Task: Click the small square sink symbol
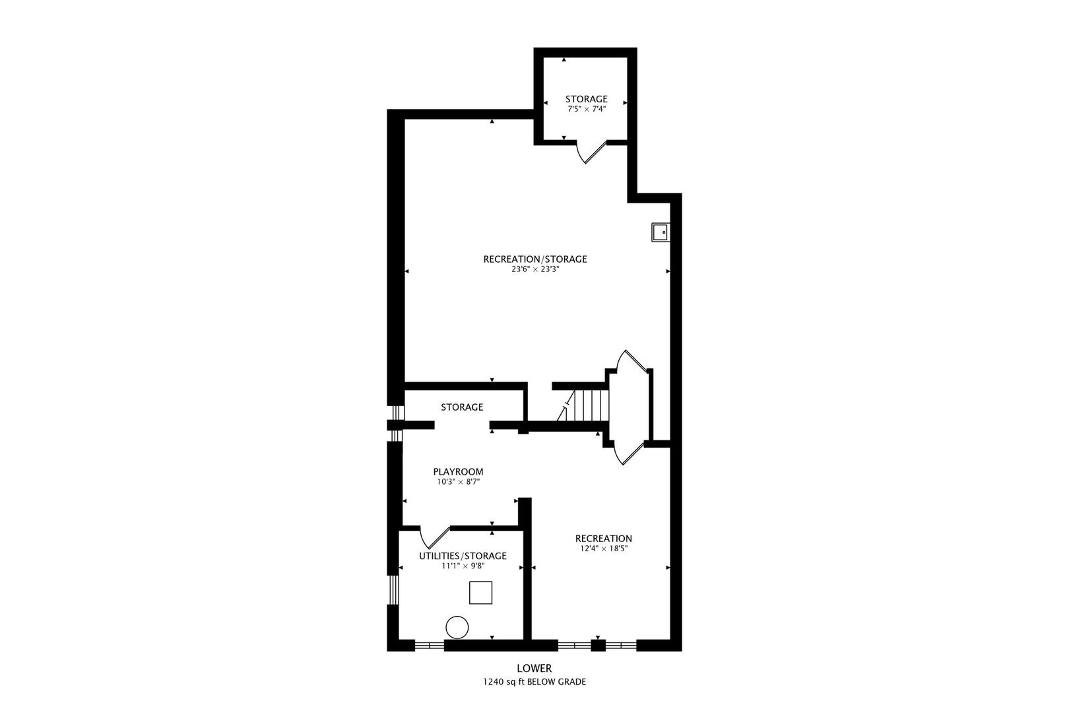pos(659,232)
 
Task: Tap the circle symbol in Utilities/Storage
pos(457,627)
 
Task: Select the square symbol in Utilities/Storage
pos(480,592)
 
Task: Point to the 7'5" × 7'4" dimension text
pos(586,110)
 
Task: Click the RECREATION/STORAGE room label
pos(534,259)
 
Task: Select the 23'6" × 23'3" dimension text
pos(534,269)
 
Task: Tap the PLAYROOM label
pos(458,472)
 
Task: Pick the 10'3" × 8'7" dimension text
pos(458,482)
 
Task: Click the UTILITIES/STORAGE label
pos(463,556)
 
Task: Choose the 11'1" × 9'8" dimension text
pos(463,566)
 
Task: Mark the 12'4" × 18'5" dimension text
pos(603,549)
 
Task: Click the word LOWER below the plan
pos(534,669)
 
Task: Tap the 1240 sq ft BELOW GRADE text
pos(534,682)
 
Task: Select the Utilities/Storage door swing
pos(434,538)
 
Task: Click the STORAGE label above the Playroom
pos(462,407)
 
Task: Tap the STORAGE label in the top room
pos(586,99)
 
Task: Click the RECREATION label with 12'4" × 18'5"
pos(603,539)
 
